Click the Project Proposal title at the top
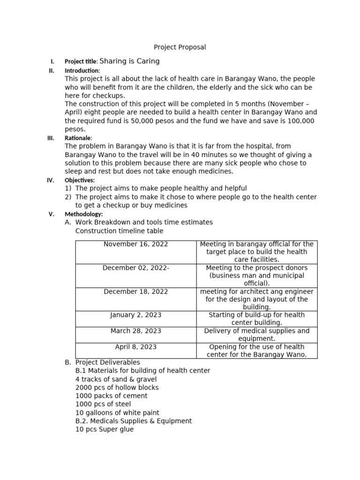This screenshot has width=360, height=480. [180, 47]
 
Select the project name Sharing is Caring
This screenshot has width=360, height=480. [129, 61]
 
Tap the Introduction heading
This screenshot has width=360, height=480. [82, 71]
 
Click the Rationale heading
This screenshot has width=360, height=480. [78, 138]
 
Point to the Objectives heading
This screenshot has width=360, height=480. [79, 180]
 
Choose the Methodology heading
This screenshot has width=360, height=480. [83, 214]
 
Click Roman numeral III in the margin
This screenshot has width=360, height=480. [51, 138]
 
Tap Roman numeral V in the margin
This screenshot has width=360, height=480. [52, 214]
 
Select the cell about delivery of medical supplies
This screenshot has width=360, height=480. [256, 335]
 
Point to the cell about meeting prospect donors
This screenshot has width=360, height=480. [256, 276]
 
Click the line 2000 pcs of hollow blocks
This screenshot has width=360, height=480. [117, 388]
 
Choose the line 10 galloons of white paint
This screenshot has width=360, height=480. [117, 413]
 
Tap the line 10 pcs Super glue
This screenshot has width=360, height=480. [104, 429]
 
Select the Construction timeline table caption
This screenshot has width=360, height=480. [119, 231]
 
